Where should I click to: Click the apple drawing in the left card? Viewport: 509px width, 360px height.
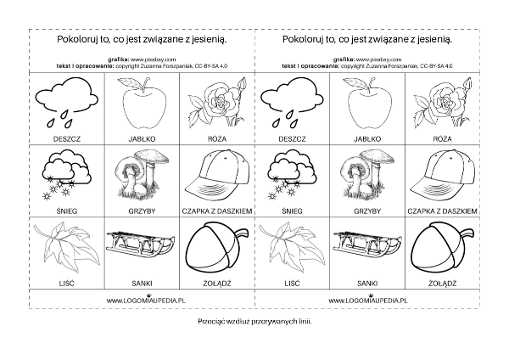[x=142, y=104]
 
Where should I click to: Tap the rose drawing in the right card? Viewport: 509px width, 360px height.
[x=439, y=104]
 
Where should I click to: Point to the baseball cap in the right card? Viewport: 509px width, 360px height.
[x=439, y=176]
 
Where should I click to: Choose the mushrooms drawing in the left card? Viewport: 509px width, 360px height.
[x=140, y=173]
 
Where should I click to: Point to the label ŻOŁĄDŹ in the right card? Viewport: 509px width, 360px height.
[x=439, y=280]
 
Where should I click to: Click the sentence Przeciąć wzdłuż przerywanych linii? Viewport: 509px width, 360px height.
[x=254, y=324]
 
